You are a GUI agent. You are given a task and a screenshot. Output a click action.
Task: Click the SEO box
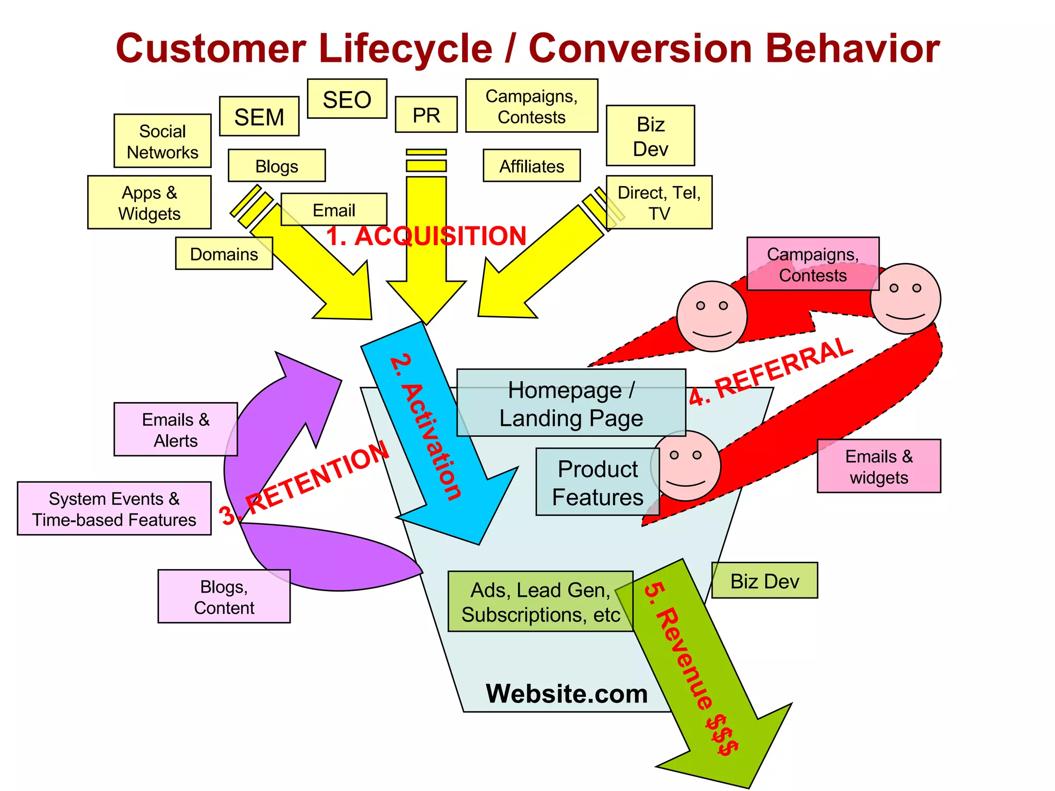coord(347,99)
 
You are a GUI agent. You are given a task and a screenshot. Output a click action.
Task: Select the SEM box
coord(259,117)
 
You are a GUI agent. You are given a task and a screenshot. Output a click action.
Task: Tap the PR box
coord(426,115)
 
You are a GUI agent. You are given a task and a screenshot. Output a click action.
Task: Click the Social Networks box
coord(162,141)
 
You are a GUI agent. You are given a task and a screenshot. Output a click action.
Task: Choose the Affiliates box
coord(532,166)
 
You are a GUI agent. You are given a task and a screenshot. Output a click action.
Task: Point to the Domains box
coord(224,254)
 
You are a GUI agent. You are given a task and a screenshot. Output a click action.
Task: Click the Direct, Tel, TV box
coord(659,202)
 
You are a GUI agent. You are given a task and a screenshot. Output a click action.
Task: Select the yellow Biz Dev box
coord(650,136)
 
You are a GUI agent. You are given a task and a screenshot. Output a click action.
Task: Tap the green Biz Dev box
coord(764,581)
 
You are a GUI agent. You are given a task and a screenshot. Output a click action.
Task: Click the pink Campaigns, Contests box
coord(812,264)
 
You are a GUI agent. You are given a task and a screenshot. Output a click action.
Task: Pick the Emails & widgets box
coord(879,466)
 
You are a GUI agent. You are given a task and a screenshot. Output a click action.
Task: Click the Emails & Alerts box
coord(176,429)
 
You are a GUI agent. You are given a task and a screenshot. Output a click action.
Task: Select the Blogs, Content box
coord(224,596)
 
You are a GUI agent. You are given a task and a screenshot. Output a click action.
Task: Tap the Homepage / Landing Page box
coord(571,403)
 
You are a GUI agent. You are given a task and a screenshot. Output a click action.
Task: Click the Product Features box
coord(598,482)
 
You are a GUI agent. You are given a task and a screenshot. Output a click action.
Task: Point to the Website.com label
coord(567,694)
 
